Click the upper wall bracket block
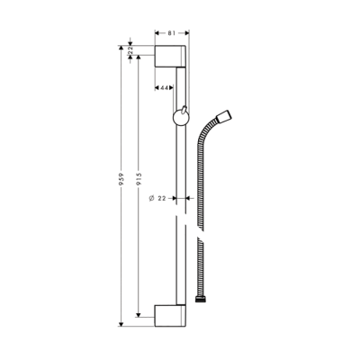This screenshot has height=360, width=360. (172, 55)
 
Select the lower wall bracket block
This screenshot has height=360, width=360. (172, 318)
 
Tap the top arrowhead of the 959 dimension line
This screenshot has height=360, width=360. (120, 43)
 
